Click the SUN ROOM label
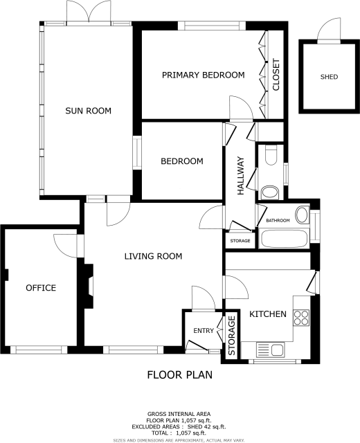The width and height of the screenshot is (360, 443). pos(88,111)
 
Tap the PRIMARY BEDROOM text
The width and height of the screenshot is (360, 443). pos(203,75)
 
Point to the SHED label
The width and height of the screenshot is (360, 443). pos(329,77)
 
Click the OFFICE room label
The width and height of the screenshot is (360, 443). pos(41,288)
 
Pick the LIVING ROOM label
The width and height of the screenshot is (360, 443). pos(153,256)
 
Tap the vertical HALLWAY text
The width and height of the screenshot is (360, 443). pos(241,176)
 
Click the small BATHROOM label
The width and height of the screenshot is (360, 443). pos(278,220)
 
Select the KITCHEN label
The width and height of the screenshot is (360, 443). pos(267,314)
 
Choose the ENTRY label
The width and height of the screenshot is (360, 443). pos(204,331)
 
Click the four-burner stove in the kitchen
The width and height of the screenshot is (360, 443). pos(302,317)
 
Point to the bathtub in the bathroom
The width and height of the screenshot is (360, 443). pos(284,239)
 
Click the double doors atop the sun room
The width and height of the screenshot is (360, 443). pos(89,12)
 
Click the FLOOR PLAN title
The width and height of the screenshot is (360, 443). pos(179,375)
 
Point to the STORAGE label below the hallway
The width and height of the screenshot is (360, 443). pos(240,240)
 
